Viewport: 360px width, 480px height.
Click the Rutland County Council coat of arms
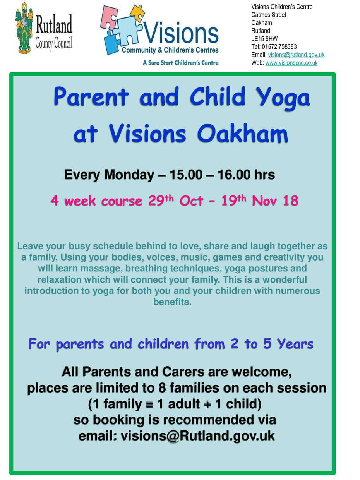[x=24, y=28]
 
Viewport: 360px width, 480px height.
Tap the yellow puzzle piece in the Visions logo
[x=137, y=13]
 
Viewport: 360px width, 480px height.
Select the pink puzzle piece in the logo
[x=109, y=18]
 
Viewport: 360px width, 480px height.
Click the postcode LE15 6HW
[x=264, y=39]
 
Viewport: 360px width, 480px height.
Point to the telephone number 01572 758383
[x=279, y=46]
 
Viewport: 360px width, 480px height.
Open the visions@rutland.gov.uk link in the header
[x=296, y=55]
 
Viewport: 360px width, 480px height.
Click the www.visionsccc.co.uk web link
[x=291, y=63]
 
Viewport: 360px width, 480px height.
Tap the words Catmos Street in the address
[x=269, y=15]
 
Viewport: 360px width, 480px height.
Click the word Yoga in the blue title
[x=283, y=97]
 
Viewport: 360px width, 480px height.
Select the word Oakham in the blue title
[x=242, y=133]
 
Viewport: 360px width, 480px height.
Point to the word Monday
[x=129, y=175]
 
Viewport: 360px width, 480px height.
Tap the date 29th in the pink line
[x=161, y=200]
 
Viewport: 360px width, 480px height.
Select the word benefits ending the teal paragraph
[x=172, y=302]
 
